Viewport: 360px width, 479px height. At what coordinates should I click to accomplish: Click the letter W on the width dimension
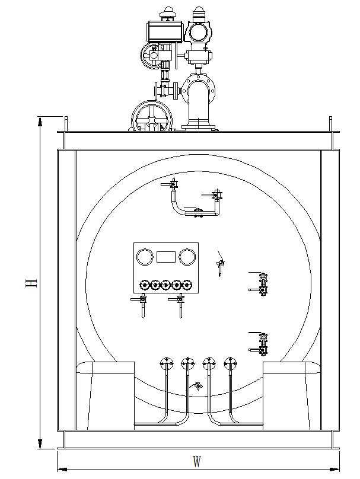pos(197,461)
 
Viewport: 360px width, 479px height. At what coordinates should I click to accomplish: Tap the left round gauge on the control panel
pos(144,257)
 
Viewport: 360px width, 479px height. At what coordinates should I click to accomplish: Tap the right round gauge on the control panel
pos(187,257)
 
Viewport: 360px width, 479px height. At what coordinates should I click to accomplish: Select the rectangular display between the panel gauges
pos(166,257)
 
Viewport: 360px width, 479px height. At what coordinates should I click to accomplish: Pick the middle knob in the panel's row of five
pos(166,286)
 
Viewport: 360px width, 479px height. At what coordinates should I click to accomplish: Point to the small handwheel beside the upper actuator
pos(151,56)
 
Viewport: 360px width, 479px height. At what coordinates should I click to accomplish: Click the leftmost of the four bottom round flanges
pos(166,363)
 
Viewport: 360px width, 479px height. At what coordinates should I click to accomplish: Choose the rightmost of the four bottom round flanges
pos(230,363)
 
